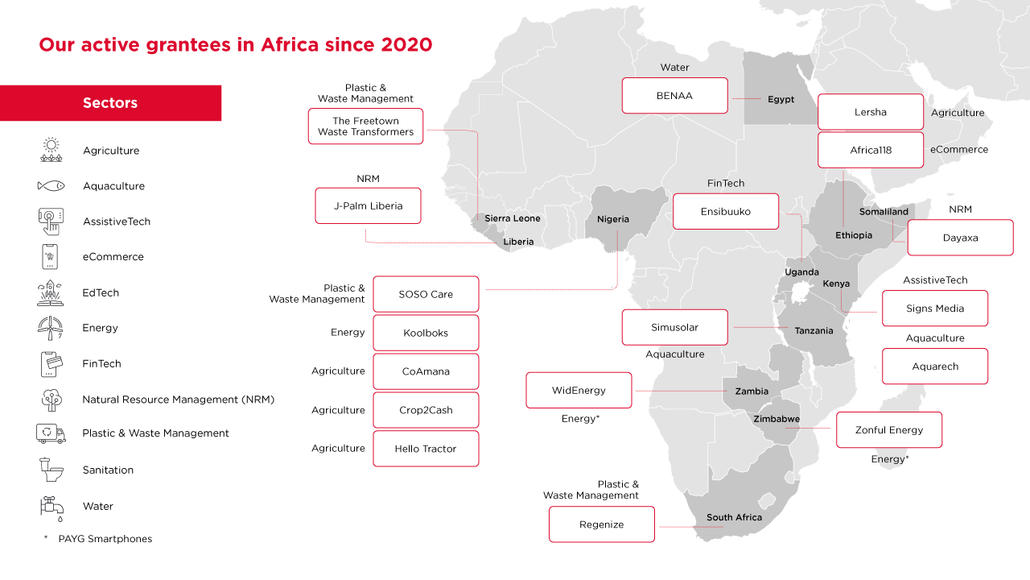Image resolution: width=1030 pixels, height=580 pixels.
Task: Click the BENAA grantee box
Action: tap(674, 95)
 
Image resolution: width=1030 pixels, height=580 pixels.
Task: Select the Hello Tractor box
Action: tap(426, 449)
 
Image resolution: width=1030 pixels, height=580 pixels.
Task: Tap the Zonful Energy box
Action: tap(888, 430)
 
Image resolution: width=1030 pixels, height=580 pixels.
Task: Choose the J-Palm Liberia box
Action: tap(368, 206)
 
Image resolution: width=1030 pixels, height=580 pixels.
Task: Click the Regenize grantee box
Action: tap(601, 524)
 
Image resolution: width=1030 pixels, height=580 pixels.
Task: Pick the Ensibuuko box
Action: tap(726, 211)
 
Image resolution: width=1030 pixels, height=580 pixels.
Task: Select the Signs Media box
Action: tap(934, 309)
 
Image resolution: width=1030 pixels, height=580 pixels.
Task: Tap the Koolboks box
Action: tap(426, 333)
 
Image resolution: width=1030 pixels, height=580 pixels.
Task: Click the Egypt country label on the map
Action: tap(781, 100)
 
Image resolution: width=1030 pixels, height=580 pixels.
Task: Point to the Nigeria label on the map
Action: tap(613, 219)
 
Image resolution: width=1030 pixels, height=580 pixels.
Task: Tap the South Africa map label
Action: tap(734, 517)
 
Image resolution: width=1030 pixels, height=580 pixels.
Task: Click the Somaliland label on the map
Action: tap(884, 212)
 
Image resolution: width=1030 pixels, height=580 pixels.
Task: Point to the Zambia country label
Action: tap(752, 391)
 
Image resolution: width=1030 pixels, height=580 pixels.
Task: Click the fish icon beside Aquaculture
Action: tap(51, 186)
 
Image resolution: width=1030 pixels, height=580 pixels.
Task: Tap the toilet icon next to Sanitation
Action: tap(51, 469)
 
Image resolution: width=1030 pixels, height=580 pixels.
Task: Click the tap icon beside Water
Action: tap(51, 507)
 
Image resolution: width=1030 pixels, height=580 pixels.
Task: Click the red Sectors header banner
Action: tap(110, 103)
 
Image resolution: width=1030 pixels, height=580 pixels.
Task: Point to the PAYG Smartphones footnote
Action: tap(105, 539)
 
